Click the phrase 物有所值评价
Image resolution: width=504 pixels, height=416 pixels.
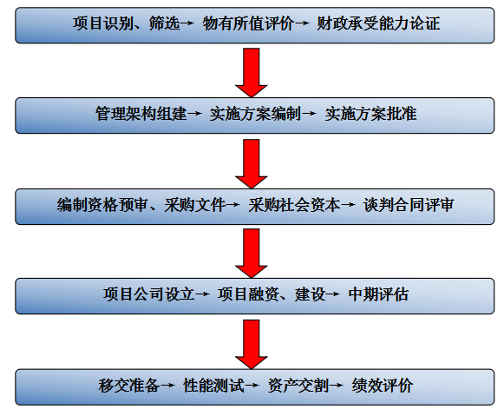click(x=248, y=23)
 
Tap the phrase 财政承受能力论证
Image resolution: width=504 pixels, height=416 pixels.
click(x=378, y=23)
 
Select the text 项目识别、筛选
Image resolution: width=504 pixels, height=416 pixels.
click(x=126, y=23)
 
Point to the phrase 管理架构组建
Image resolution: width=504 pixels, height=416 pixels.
click(x=141, y=114)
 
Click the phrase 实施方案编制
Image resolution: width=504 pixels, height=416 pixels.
click(x=256, y=114)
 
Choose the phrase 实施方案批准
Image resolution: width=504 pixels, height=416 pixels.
click(x=370, y=114)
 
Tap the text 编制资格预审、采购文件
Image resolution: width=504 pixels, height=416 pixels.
click(x=141, y=205)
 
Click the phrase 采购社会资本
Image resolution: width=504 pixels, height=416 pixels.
click(x=294, y=205)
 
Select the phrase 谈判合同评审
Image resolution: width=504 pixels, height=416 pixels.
click(x=409, y=205)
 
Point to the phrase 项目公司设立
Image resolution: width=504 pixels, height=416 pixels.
click(x=149, y=294)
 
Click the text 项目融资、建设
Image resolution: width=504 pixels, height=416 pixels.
click(x=272, y=294)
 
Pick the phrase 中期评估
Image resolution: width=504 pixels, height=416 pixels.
click(x=378, y=294)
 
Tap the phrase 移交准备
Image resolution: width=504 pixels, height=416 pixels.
click(x=129, y=385)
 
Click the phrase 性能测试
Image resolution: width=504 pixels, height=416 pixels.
click(x=213, y=385)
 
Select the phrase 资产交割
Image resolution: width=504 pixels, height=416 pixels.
click(x=298, y=385)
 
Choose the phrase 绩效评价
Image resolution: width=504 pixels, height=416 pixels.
click(x=383, y=385)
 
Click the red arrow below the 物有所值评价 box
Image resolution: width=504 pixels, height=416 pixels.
click(x=252, y=72)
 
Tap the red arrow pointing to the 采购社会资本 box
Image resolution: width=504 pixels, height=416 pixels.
click(x=252, y=163)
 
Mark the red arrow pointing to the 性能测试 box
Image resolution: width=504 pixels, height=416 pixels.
click(x=252, y=344)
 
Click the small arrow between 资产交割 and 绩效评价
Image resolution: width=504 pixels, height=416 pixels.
click(x=337, y=385)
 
